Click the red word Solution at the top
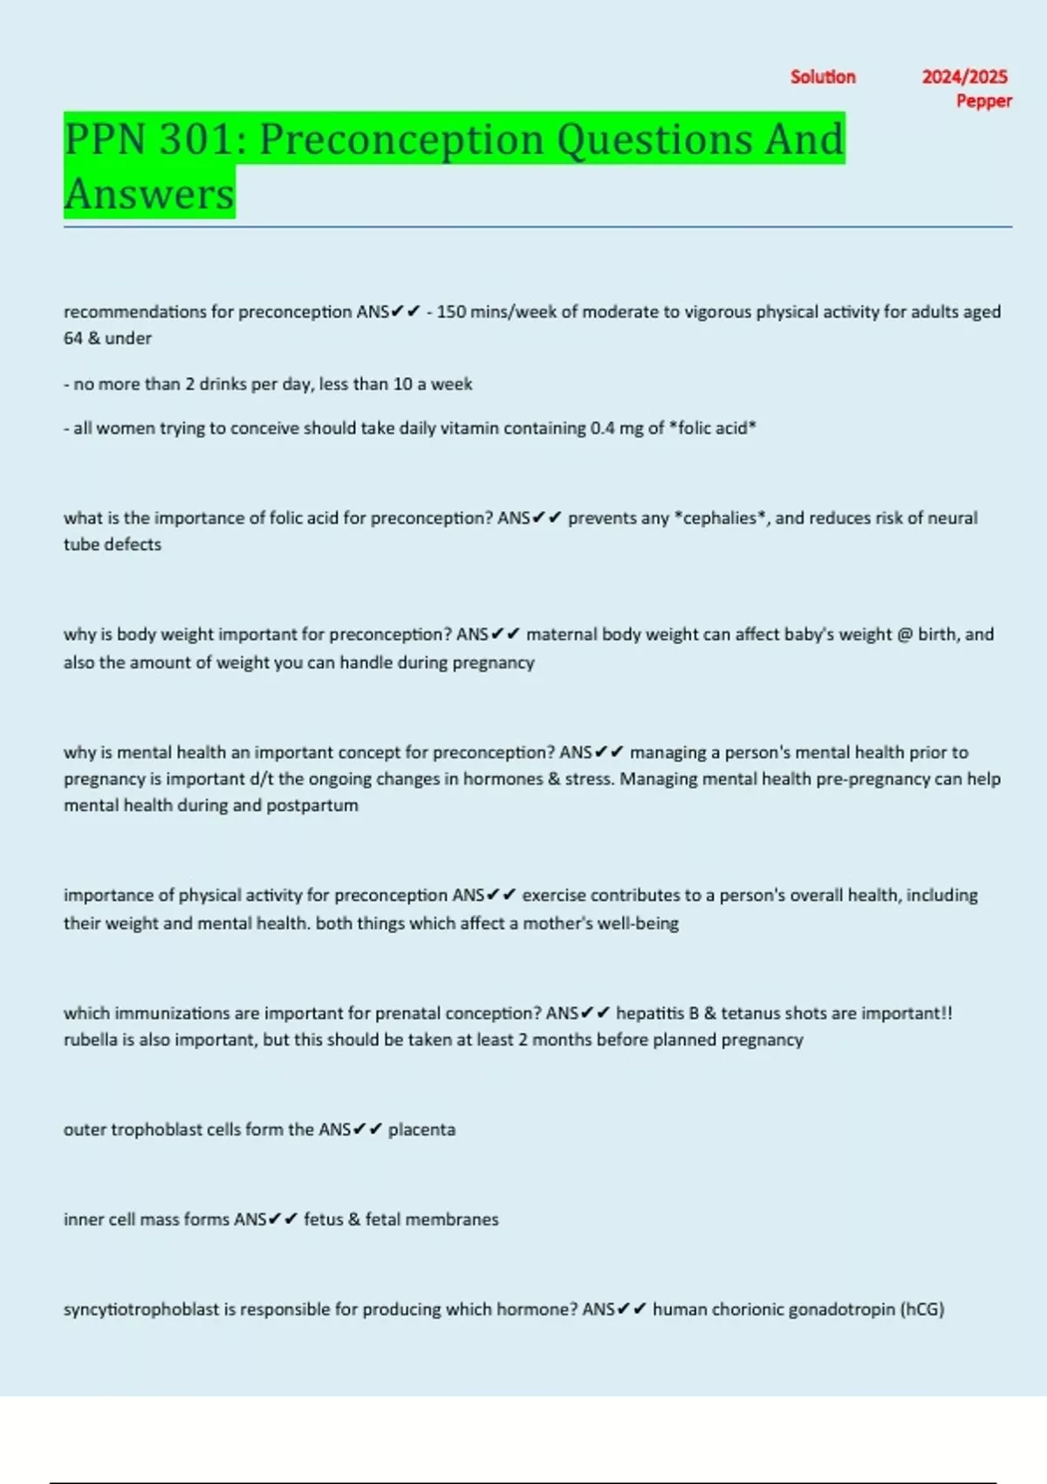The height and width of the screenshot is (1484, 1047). point(823,77)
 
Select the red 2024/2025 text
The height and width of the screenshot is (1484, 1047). point(964,77)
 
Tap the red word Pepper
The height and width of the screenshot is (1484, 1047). point(983,101)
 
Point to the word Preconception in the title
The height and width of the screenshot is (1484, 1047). point(402,140)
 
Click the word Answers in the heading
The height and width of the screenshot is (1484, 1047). point(149,194)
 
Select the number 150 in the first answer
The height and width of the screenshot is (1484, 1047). point(451,312)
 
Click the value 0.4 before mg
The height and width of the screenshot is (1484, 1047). point(602,428)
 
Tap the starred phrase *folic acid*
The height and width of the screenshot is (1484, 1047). point(712,428)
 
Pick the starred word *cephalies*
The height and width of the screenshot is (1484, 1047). point(721,518)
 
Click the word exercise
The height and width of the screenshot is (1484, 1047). point(553,895)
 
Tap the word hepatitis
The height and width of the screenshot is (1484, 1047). point(650,1013)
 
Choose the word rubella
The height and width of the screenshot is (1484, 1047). point(92,1040)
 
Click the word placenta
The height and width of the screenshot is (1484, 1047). point(421,1130)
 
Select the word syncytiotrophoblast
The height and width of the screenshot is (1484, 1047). point(140,1309)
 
